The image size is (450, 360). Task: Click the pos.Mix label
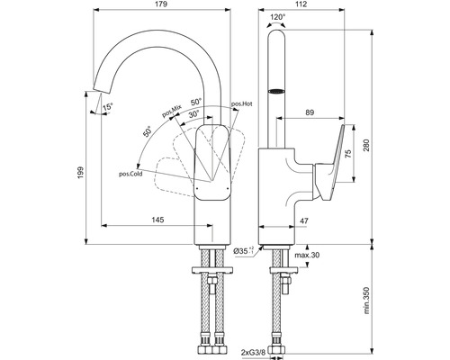click(171, 112)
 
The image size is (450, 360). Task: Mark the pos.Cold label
click(130, 174)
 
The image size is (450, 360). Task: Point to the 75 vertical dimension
click(350, 153)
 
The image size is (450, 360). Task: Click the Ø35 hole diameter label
click(243, 251)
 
